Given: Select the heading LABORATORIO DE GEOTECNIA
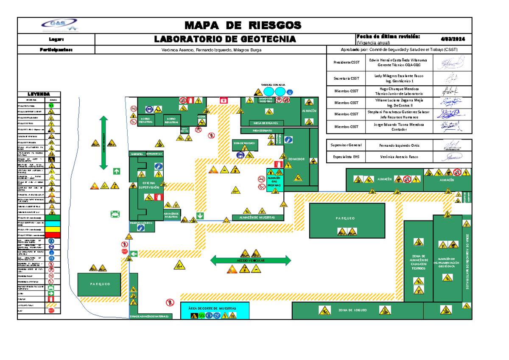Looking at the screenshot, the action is click(x=225, y=39).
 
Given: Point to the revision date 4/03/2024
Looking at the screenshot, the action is click(x=452, y=39).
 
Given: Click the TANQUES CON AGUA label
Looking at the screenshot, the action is click(x=273, y=85).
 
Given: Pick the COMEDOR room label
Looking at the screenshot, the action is click(x=296, y=159).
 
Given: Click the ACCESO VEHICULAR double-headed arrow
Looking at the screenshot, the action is click(x=251, y=260).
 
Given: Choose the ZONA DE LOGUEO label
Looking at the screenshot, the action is click(x=351, y=310).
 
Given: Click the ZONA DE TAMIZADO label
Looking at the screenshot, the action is click(x=244, y=143).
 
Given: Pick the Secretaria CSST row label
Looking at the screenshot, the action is click(x=346, y=78).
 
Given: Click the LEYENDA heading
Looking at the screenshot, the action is click(x=39, y=94).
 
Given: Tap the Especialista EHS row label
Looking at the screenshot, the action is click(x=346, y=156).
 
